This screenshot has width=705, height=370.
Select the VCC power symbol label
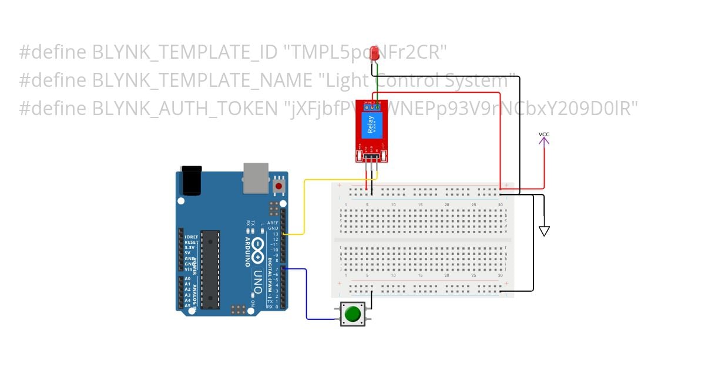[544, 135]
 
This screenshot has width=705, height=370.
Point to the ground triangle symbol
[544, 231]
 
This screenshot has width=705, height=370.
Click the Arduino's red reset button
[279, 186]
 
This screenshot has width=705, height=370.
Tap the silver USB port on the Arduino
[256, 177]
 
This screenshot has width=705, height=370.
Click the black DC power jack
[191, 180]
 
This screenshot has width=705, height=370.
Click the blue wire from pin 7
[307, 294]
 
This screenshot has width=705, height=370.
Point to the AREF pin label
[273, 223]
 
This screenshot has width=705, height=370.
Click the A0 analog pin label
[187, 278]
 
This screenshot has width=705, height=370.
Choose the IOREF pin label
[190, 237]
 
